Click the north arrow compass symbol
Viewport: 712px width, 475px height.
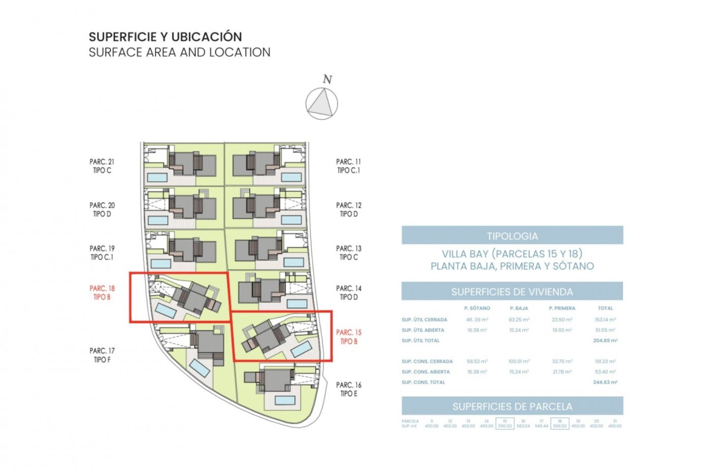pyautogui.click(x=322, y=104)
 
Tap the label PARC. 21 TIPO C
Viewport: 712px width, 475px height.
pyautogui.click(x=102, y=166)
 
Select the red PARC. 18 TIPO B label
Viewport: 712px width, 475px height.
pyautogui.click(x=102, y=292)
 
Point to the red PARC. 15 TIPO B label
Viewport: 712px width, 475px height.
pyautogui.click(x=349, y=337)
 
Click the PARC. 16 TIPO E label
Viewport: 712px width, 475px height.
pyautogui.click(x=349, y=389)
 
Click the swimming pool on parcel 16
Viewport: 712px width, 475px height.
pyautogui.click(x=285, y=400)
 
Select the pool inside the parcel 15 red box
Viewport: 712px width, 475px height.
pyautogui.click(x=301, y=349)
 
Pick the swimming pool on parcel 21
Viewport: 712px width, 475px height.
pyautogui.click(x=157, y=177)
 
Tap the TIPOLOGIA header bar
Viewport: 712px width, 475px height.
pyautogui.click(x=512, y=236)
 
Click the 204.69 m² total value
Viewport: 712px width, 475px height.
pyautogui.click(x=605, y=340)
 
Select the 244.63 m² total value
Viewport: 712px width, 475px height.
pyautogui.click(x=605, y=382)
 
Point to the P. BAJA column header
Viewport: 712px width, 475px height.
pyautogui.click(x=519, y=308)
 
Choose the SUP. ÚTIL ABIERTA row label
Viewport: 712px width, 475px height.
pyautogui.click(x=423, y=330)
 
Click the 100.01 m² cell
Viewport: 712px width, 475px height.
pyautogui.click(x=519, y=361)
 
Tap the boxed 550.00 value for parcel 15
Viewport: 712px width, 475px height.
pyautogui.click(x=505, y=426)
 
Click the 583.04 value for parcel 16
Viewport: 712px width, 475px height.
pyautogui.click(x=523, y=426)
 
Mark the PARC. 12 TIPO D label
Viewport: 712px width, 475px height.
pyautogui.click(x=349, y=209)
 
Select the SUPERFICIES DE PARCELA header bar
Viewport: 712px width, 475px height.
pyautogui.click(x=512, y=406)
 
